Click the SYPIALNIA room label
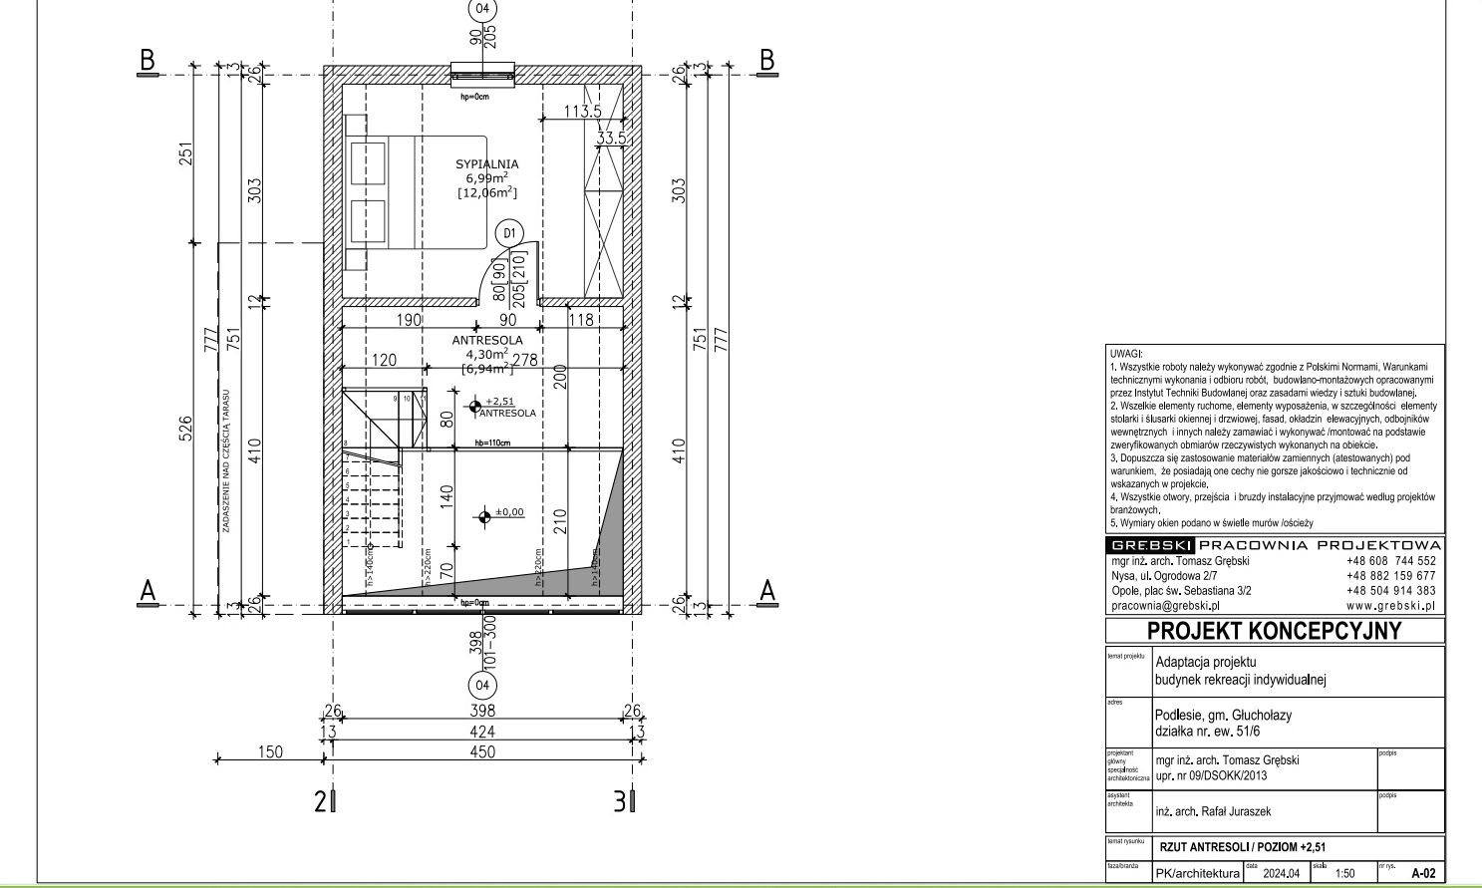click(486, 164)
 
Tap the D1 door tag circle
click(509, 233)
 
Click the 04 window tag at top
click(482, 8)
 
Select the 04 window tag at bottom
click(482, 686)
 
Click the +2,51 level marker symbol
click(475, 406)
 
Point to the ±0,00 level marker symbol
click(484, 515)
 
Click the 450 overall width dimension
click(482, 752)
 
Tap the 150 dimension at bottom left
click(270, 752)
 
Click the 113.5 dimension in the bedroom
click(583, 112)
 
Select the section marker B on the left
click(148, 60)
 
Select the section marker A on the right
click(766, 591)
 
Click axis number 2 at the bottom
click(321, 801)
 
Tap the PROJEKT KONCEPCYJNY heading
click(1274, 631)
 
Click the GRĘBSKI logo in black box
click(1151, 545)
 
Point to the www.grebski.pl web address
click(1390, 605)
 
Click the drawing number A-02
click(1423, 873)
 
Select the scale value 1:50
click(1344, 874)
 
